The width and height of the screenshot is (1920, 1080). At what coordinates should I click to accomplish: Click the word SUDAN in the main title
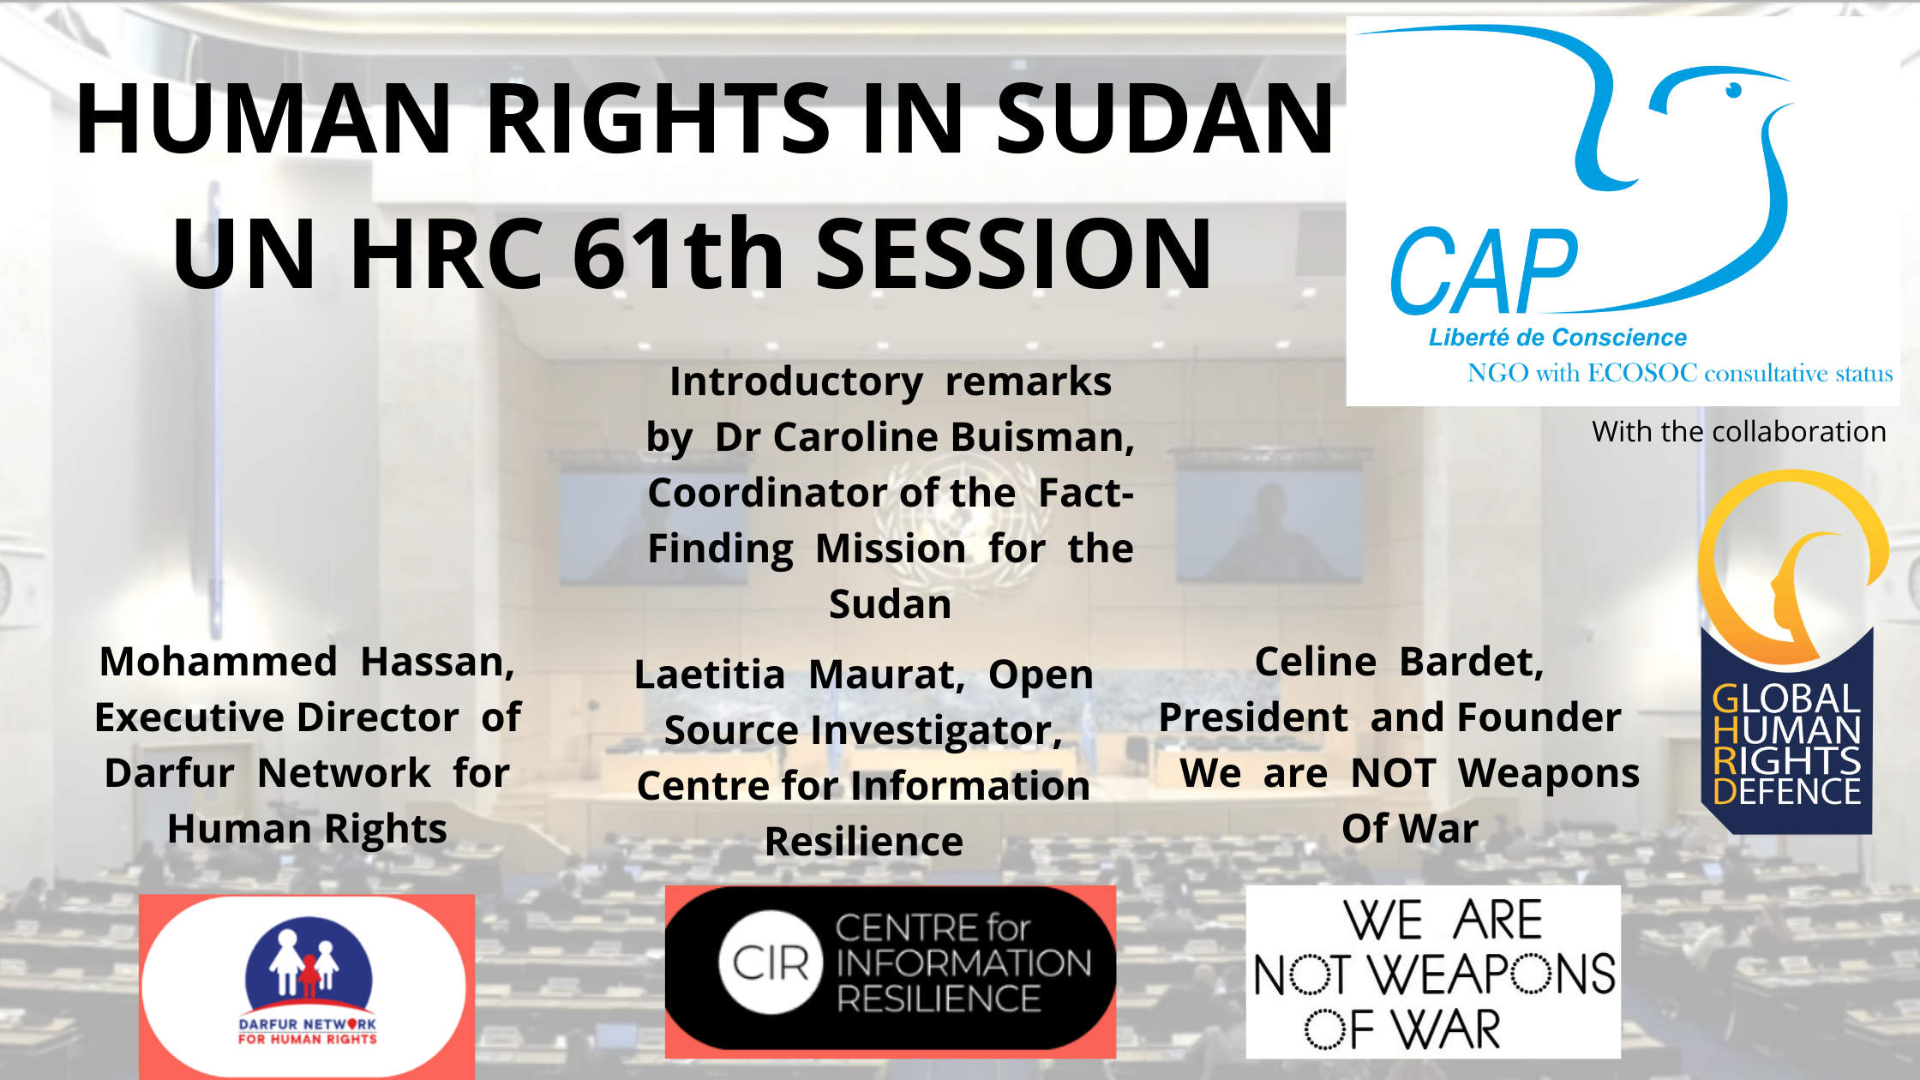click(x=1165, y=118)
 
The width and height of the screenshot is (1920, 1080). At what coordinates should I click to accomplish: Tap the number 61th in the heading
click(x=678, y=254)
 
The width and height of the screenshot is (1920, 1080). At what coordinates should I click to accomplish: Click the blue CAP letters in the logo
click(x=1484, y=272)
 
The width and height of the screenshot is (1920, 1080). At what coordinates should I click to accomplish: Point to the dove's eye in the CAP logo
click(x=1733, y=89)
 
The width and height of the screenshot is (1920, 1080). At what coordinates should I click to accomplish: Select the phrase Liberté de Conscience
click(x=1557, y=338)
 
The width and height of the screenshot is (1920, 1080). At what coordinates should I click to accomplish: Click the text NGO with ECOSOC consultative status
click(x=1680, y=374)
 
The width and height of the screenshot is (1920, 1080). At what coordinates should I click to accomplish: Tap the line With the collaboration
click(x=1739, y=431)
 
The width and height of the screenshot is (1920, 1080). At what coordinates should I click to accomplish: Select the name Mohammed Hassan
click(x=308, y=663)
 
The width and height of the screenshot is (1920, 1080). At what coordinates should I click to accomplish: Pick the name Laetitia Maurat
click(x=800, y=675)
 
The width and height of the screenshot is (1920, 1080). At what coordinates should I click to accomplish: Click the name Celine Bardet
click(x=1400, y=663)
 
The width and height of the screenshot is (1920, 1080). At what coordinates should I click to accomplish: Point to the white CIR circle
click(x=771, y=963)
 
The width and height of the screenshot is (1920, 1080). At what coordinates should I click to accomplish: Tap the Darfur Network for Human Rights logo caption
click(x=308, y=1031)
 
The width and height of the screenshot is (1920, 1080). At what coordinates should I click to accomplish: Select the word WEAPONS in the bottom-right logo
click(x=1491, y=975)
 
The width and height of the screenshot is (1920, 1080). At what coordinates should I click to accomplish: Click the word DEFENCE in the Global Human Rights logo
click(x=1787, y=791)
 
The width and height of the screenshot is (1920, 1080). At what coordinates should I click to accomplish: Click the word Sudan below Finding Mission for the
click(x=891, y=604)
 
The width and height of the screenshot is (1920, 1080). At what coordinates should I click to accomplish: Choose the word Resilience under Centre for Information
click(x=864, y=842)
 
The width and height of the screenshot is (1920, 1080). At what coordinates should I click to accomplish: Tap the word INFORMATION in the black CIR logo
click(x=964, y=963)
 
